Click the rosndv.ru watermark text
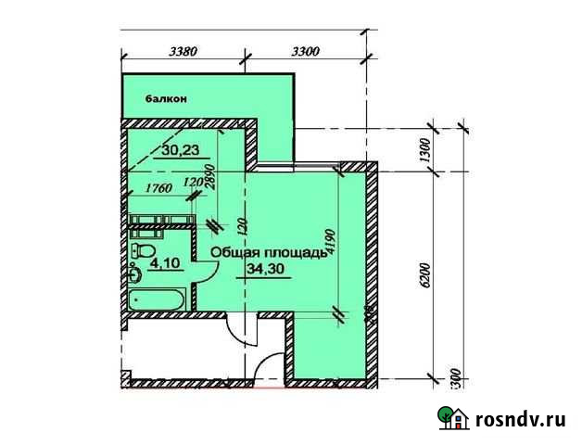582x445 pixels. point(519,418)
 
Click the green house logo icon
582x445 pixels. point(455,418)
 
